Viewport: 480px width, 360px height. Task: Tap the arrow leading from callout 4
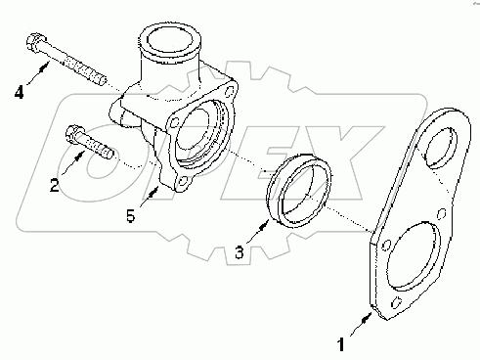point(38,75)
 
